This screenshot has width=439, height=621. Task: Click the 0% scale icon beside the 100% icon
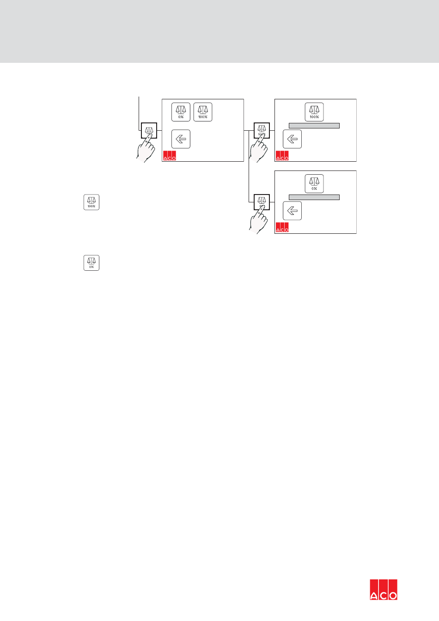(181, 112)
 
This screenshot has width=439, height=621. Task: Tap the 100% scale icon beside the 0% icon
(203, 112)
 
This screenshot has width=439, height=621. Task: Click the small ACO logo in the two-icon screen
(170, 156)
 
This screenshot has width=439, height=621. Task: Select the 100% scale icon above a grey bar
(314, 112)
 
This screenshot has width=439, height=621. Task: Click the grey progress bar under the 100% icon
(314, 126)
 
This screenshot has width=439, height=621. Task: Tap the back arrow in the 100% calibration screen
(292, 139)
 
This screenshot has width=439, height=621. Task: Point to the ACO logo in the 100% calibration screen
(282, 156)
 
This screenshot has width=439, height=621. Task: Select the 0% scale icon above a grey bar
(314, 183)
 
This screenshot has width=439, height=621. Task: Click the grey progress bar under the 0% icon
(314, 197)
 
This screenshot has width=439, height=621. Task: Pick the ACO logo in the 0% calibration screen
(282, 227)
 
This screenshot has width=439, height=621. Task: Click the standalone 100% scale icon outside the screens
(91, 202)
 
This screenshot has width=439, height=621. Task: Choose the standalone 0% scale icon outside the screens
(91, 262)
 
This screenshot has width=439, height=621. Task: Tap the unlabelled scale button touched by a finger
(149, 130)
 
